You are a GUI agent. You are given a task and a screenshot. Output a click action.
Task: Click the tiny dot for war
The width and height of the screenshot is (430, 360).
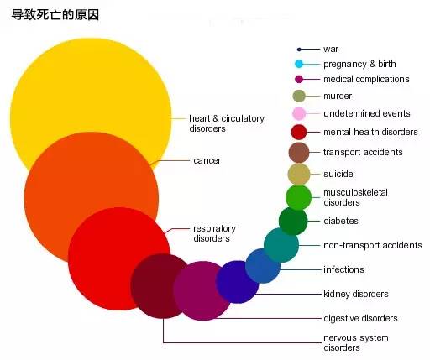[299, 50]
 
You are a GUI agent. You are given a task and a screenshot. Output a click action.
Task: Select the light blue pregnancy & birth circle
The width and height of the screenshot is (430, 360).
[299, 64]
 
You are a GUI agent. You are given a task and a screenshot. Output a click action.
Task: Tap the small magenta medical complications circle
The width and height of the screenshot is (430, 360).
[299, 79]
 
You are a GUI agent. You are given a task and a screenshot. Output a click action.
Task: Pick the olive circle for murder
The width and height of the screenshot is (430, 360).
[299, 96]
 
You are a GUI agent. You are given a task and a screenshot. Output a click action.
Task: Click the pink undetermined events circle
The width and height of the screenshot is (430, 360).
[299, 113]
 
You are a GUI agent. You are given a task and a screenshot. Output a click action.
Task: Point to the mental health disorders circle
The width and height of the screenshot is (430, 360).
[299, 132]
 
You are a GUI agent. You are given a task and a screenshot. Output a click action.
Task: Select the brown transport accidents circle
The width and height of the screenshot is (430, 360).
[299, 153]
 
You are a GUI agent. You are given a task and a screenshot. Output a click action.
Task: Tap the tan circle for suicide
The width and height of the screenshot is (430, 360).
[299, 175]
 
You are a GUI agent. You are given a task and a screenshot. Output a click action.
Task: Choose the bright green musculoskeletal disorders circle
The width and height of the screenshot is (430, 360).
[298, 197]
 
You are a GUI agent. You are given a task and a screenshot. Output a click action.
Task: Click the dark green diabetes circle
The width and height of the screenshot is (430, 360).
[293, 221]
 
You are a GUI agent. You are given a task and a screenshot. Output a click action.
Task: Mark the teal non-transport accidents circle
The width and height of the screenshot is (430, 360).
[281, 245]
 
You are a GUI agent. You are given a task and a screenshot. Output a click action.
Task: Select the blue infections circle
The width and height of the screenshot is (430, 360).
[263, 266]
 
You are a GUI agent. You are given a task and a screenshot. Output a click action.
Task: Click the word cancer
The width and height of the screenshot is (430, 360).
[207, 160]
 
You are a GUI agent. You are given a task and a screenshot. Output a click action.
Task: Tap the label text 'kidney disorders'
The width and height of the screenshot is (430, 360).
[356, 294]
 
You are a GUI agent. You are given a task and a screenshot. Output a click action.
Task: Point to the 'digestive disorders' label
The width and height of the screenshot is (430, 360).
[360, 318]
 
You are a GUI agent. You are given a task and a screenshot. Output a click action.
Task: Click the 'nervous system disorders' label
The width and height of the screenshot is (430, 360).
[356, 342]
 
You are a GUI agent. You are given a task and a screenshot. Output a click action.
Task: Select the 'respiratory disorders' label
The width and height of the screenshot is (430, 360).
[214, 233]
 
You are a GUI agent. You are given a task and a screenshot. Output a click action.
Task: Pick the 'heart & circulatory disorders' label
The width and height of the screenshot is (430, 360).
[227, 123]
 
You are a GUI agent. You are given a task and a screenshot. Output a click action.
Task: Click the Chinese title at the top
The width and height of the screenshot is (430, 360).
[55, 14]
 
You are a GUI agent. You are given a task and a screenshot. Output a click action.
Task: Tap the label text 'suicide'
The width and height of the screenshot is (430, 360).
[338, 174]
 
